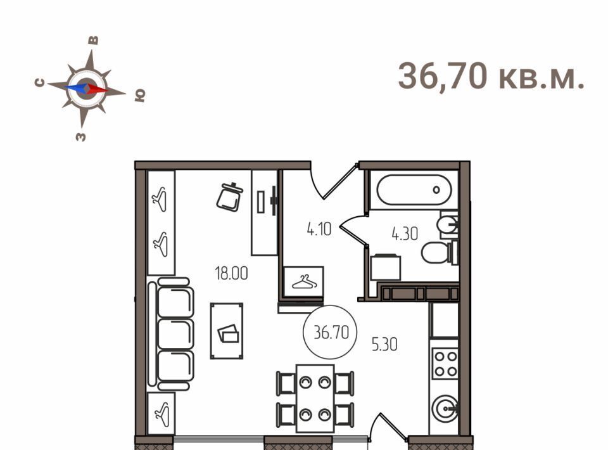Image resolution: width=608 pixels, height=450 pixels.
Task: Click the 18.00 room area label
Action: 232,274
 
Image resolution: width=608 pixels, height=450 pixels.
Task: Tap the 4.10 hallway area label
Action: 319,229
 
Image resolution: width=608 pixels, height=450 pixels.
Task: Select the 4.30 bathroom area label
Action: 405,234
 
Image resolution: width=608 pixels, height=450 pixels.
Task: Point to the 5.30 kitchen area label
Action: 384,345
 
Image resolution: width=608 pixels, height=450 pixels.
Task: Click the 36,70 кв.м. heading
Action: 491,77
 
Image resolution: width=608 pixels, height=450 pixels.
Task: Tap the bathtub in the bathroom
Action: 414,190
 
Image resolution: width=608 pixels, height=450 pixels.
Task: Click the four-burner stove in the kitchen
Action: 445,364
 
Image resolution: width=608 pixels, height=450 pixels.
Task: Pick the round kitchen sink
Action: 445,409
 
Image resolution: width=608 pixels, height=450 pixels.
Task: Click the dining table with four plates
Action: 315,399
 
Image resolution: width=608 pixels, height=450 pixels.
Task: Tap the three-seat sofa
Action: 171,334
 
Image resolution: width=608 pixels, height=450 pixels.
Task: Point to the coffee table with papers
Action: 227,331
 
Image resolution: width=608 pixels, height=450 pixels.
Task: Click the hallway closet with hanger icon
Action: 304,281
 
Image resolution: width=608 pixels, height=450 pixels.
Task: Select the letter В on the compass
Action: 94,41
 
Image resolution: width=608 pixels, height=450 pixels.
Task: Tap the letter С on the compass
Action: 40,82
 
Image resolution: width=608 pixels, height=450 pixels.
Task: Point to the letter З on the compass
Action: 80,136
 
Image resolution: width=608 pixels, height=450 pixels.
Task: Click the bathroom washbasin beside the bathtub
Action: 448,224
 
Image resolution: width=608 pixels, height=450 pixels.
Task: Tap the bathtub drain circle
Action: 436,190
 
